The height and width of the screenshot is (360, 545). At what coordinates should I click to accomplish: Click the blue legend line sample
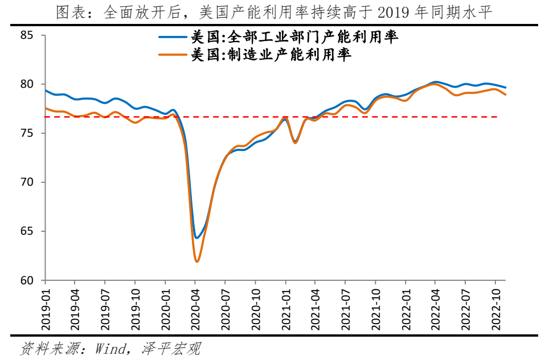[x=173, y=38]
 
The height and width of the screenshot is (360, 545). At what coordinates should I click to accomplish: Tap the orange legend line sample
[x=173, y=55]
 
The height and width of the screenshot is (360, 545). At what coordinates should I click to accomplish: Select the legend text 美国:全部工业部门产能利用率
[x=294, y=38]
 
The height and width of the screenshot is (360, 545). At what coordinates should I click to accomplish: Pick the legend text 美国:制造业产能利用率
[x=271, y=55]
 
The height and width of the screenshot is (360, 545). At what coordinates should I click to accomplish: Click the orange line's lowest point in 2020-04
[x=197, y=261]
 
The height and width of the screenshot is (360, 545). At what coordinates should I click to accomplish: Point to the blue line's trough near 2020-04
[x=196, y=238]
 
